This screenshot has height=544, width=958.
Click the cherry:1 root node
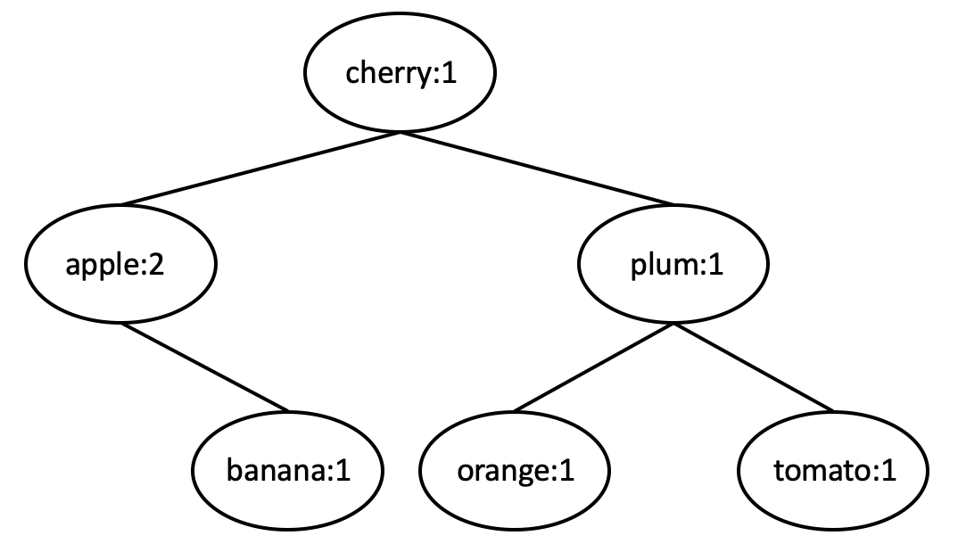[x=400, y=74]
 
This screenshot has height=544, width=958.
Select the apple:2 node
[x=120, y=266]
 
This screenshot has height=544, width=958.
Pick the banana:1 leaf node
[x=287, y=470]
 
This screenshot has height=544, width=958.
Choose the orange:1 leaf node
[x=514, y=470]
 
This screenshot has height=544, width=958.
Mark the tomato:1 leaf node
[x=832, y=470]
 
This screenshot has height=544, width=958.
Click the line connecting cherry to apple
[x=260, y=169]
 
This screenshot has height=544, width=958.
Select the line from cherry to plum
[x=537, y=169]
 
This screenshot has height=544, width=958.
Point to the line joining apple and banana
[x=204, y=367]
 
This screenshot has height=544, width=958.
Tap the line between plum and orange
[x=594, y=367]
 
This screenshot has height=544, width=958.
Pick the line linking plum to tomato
[x=754, y=367]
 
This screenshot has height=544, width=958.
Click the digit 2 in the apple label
[x=155, y=267]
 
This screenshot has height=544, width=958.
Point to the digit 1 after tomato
[x=887, y=471]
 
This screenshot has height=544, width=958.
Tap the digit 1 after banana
[x=342, y=471]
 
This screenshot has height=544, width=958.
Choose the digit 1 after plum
[x=713, y=267]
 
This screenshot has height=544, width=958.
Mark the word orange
[x=502, y=472]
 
